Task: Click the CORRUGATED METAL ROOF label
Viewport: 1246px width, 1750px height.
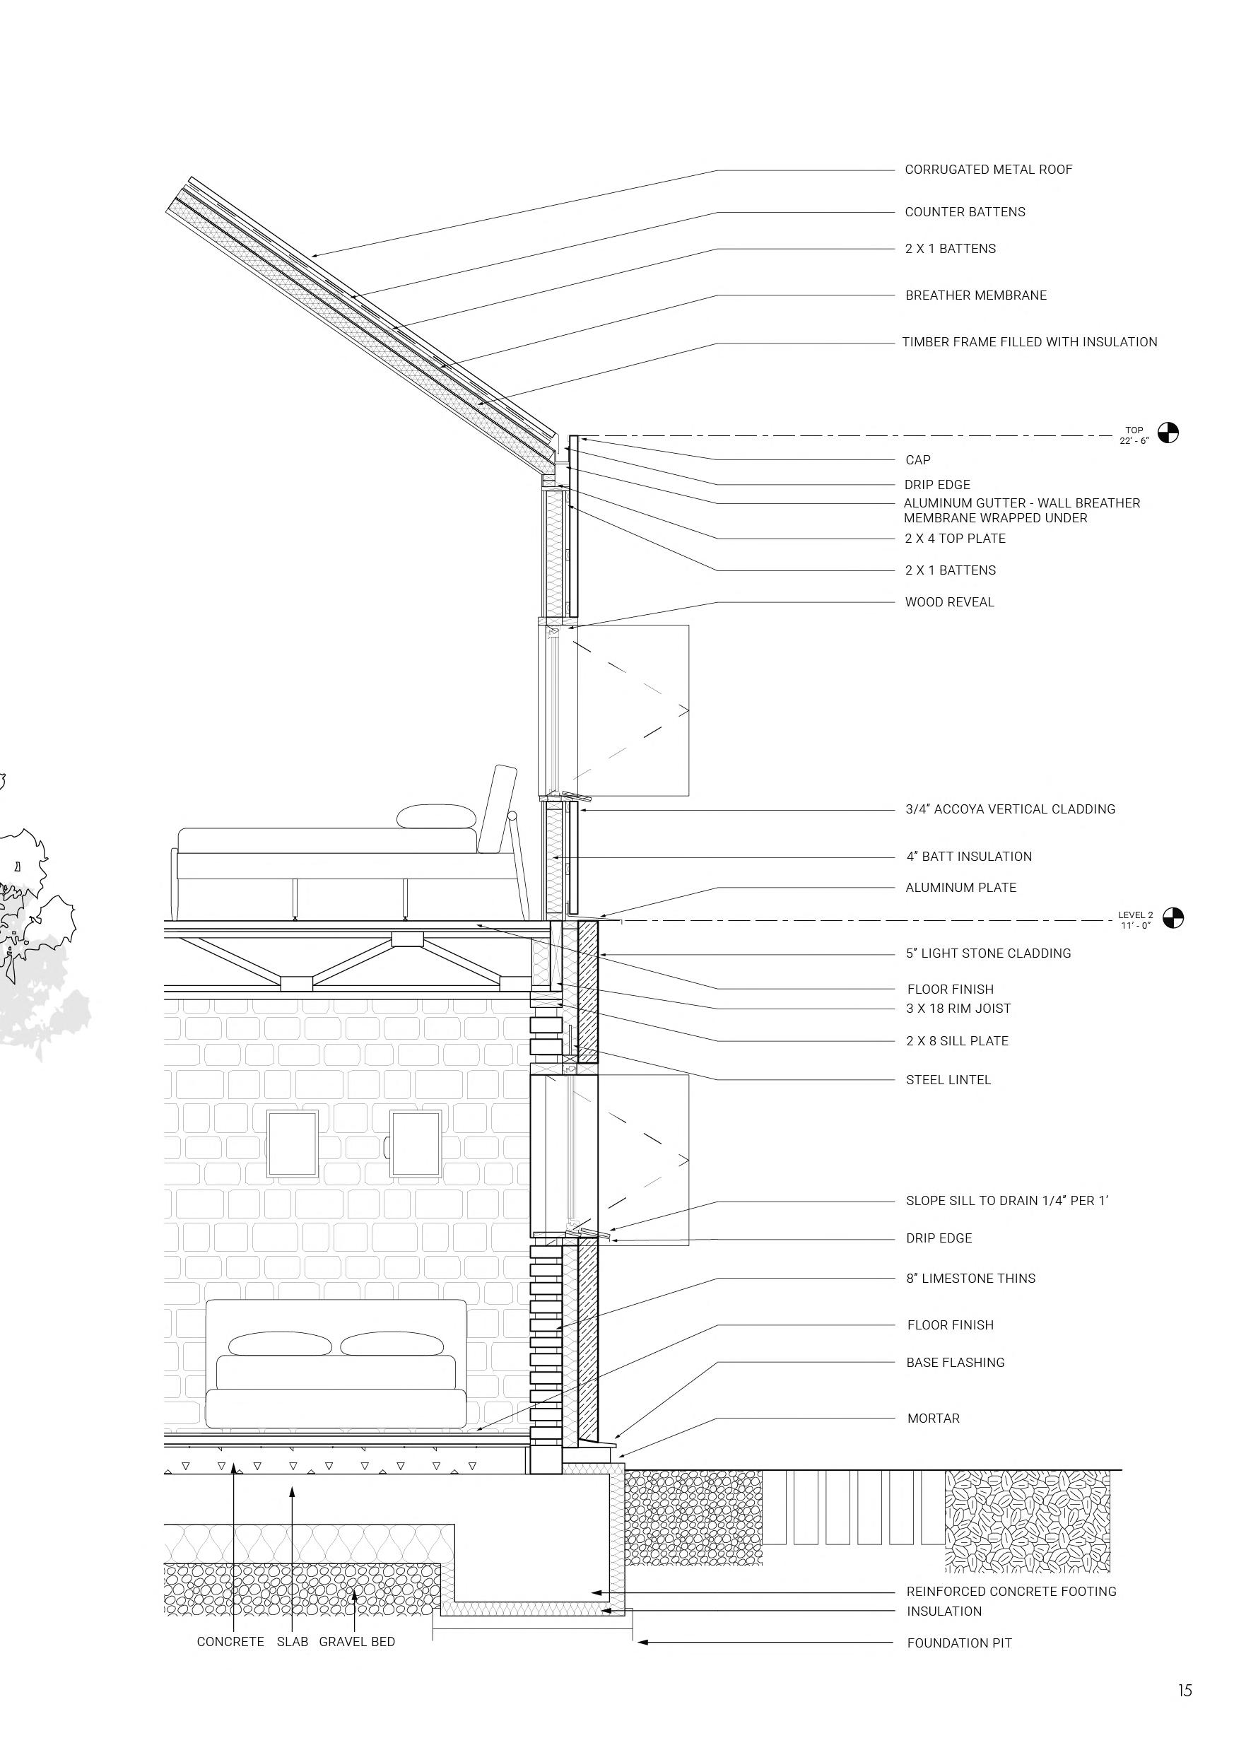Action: (x=988, y=170)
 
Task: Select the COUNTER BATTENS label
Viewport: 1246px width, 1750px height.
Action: (x=965, y=212)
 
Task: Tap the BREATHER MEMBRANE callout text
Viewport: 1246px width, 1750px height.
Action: (x=975, y=295)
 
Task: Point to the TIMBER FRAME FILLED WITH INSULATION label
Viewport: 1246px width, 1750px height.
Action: (x=1029, y=342)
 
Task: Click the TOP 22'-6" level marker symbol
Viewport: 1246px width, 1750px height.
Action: (x=1168, y=433)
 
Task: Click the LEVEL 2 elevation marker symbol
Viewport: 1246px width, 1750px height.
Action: (x=1173, y=917)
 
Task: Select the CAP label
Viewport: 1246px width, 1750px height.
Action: (x=917, y=460)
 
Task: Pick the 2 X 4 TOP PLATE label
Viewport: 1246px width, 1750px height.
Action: (x=954, y=539)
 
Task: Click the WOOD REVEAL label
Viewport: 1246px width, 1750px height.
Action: (x=949, y=602)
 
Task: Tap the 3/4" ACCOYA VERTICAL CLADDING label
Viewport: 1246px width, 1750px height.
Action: (x=1010, y=809)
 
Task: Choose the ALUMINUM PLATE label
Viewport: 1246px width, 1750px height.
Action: (x=960, y=888)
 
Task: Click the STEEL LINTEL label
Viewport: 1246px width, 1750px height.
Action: (x=948, y=1079)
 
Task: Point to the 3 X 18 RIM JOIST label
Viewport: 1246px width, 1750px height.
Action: (x=958, y=1008)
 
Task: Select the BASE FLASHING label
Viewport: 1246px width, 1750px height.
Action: (x=956, y=1363)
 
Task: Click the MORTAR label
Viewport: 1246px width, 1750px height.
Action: (x=933, y=1419)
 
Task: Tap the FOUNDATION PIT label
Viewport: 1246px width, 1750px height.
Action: (x=959, y=1643)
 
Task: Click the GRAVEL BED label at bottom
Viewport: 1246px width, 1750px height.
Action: (x=357, y=1641)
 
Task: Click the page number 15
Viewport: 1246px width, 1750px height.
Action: (x=1185, y=1690)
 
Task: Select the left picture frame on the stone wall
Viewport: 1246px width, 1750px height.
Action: (x=293, y=1142)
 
